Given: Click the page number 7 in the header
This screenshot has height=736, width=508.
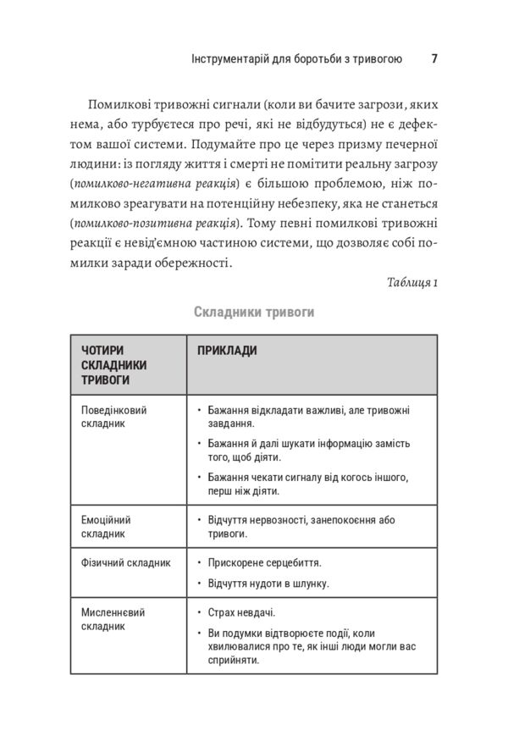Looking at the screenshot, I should click(x=433, y=59).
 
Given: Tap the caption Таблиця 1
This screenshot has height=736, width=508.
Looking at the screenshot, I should click(x=412, y=282).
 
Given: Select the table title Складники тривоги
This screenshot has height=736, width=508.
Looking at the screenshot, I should click(x=254, y=313).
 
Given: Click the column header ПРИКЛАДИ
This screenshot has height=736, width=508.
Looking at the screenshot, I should click(x=227, y=350).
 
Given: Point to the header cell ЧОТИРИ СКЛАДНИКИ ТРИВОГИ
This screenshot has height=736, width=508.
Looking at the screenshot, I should click(x=114, y=365).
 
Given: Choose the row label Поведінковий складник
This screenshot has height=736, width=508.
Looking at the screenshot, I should click(x=114, y=417).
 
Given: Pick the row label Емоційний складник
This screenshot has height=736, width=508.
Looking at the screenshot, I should click(x=107, y=527).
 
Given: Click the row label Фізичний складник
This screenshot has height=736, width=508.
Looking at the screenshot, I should click(x=126, y=562).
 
